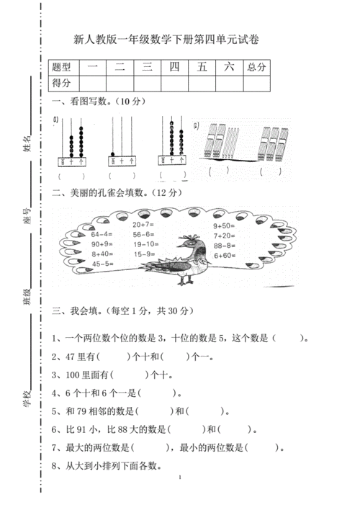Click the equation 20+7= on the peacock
pos(144,225)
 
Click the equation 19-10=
pos(144,244)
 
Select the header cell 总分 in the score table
pos(256,67)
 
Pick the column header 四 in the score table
pos(174,67)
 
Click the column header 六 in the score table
pos(229,67)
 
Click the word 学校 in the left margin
pos(27,393)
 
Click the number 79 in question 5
pos(89,411)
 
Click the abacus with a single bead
pos(114,155)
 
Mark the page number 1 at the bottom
pos(179,478)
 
